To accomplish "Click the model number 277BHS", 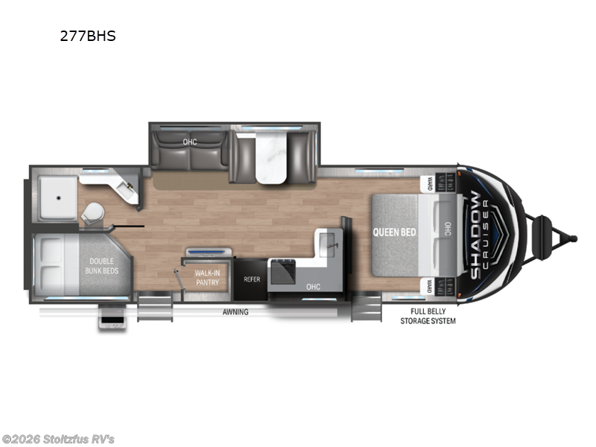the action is [x=88, y=36].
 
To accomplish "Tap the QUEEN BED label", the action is [x=394, y=232].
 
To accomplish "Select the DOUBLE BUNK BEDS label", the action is [x=101, y=266].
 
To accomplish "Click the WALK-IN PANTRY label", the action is [x=207, y=277].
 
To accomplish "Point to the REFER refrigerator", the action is [x=252, y=279].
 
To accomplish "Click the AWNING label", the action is [x=235, y=311].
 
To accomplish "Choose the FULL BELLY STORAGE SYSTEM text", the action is [x=428, y=316].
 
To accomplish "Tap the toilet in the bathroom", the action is [x=92, y=212].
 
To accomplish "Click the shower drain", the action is [x=59, y=198].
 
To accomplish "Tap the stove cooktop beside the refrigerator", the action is [x=282, y=270].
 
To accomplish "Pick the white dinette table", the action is [x=270, y=157].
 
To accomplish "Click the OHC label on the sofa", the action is [x=190, y=142].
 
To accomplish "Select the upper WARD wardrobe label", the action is [x=430, y=183].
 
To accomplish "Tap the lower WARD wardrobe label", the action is [x=430, y=287].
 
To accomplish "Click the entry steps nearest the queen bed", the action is [x=366, y=306].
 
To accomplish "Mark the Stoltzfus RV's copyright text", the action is [x=58, y=440].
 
